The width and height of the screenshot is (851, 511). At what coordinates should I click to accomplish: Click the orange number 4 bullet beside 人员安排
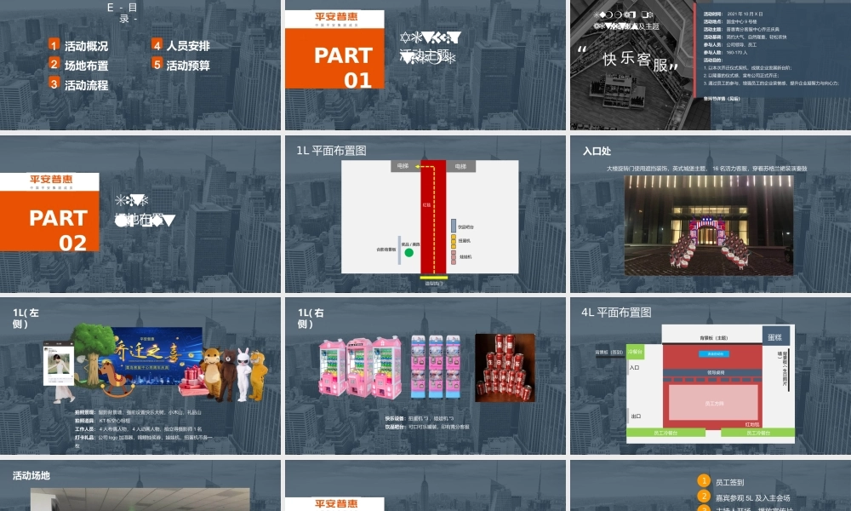[x=157, y=45]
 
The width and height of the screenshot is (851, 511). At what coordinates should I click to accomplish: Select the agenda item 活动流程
[x=86, y=85]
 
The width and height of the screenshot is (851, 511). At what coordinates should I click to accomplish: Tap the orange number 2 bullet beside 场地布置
[x=54, y=64]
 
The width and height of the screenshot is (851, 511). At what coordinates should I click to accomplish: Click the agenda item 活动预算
[x=187, y=65]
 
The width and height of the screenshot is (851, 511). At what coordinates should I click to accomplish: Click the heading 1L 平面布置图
[x=331, y=151]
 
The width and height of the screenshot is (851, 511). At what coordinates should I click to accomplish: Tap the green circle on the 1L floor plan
[x=408, y=251]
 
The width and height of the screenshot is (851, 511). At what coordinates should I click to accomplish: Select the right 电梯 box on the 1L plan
[x=460, y=166]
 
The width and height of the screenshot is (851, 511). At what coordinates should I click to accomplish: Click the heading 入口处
[x=597, y=152]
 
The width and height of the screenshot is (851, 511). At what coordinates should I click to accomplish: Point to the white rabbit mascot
[x=245, y=372]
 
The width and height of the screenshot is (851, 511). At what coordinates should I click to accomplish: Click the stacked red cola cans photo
[x=504, y=367]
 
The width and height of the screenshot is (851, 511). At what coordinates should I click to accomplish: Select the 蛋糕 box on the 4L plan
[x=774, y=336]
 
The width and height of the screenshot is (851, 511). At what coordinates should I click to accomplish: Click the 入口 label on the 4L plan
[x=634, y=368]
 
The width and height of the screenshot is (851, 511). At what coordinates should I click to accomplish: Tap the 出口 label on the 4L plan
[x=636, y=416]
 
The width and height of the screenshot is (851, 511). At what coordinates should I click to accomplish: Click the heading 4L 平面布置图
[x=616, y=313]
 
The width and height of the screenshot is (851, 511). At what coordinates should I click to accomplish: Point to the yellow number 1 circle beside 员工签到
[x=704, y=481]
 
